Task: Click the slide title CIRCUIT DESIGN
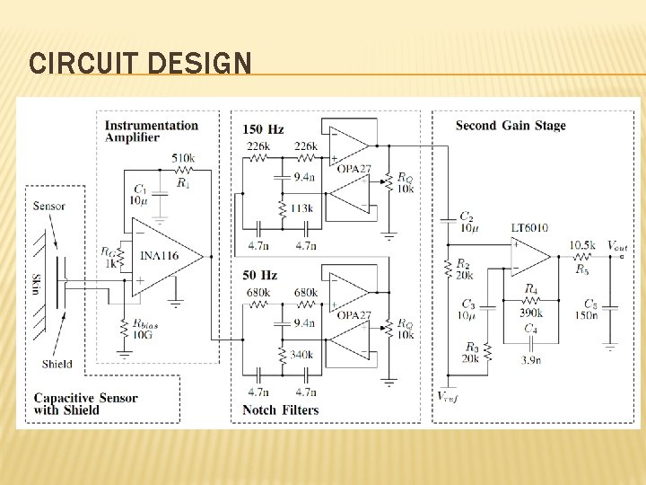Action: tap(140, 64)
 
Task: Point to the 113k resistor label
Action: tap(301, 209)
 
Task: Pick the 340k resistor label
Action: tap(301, 356)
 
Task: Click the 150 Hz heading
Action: tap(263, 130)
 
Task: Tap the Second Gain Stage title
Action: tap(510, 126)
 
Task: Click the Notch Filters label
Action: tap(280, 410)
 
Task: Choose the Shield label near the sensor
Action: tap(57, 364)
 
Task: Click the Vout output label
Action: tap(616, 245)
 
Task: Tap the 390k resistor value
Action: tap(530, 313)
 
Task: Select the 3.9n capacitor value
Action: tap(530, 360)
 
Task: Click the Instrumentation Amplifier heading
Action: tap(152, 131)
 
